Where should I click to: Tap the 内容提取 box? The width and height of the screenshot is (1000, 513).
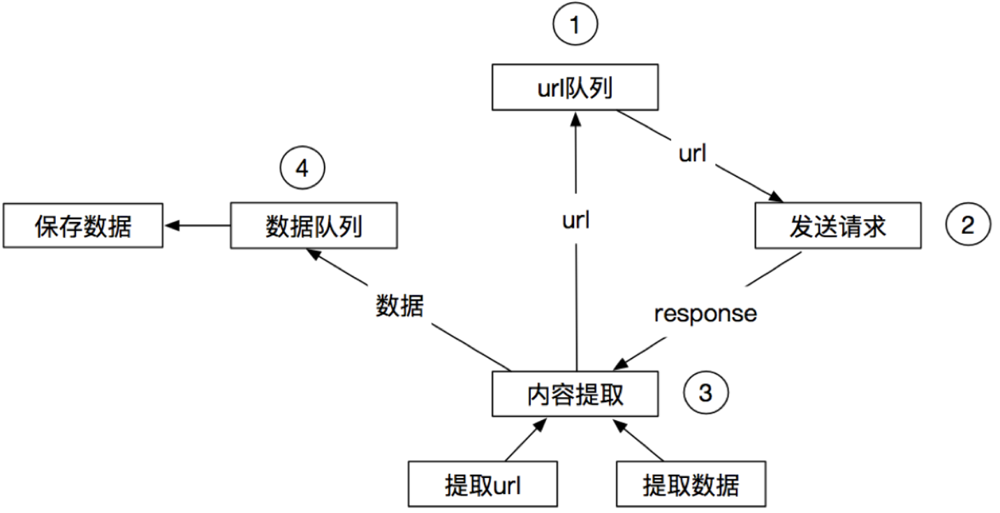point(575,394)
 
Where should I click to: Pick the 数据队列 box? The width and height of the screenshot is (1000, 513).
point(314,225)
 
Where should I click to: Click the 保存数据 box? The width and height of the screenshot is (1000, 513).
point(82,226)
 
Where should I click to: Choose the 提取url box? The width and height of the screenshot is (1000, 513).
point(483,484)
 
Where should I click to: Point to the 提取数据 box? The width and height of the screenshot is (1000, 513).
point(691,484)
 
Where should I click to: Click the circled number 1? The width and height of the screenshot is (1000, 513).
point(575,27)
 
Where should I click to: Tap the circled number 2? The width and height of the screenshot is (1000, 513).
point(968,225)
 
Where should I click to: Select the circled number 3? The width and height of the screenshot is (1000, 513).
point(705,393)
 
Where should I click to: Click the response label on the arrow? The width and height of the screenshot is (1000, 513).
point(705,313)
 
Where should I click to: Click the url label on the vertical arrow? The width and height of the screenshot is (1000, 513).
point(576,221)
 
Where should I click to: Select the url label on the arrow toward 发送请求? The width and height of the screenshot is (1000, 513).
point(693,154)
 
